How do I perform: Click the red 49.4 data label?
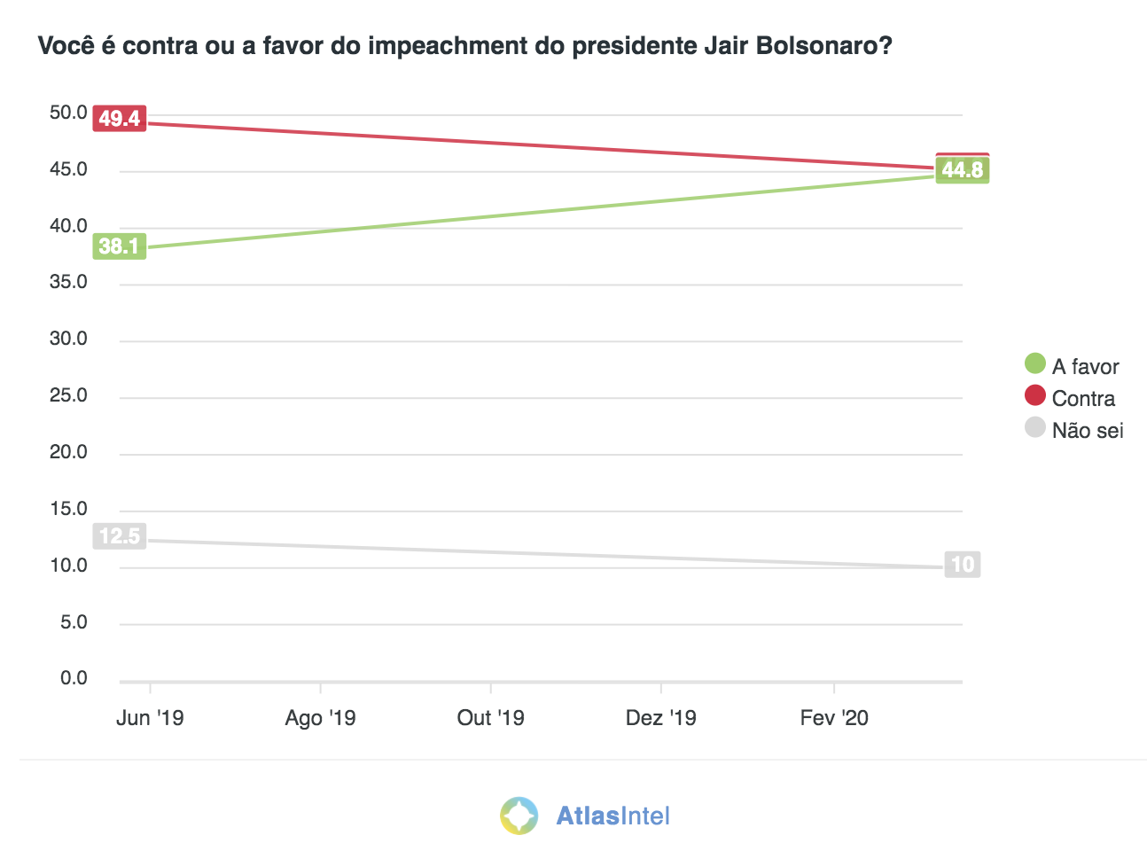coord(120,118)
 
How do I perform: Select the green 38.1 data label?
coord(120,246)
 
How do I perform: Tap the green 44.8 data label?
coord(963,170)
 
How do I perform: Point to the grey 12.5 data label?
coord(120,536)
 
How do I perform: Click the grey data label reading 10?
coord(963,565)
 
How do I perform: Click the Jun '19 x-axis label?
coord(150,717)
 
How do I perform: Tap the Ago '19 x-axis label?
coord(320,717)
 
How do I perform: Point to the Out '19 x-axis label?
coord(490,717)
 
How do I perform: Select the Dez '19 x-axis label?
coord(660,717)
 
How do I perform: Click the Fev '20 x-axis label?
coord(834,717)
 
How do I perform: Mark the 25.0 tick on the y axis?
coord(68,395)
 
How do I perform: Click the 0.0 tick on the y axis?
coord(74,678)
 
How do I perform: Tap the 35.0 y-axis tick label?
coord(68,282)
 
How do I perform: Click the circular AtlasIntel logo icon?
coord(519,816)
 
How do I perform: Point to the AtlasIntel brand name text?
coord(613,816)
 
